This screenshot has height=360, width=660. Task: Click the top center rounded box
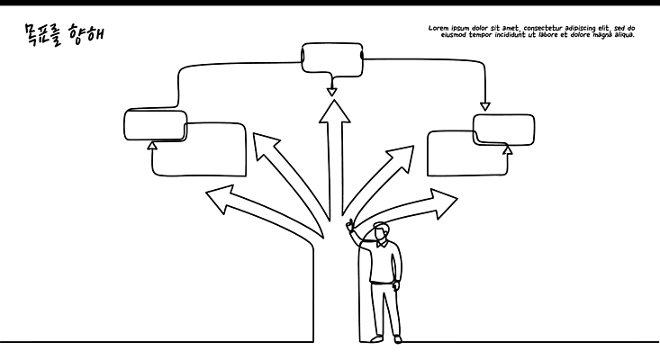coord(330,59)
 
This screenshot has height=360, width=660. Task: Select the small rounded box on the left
coord(155,125)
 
